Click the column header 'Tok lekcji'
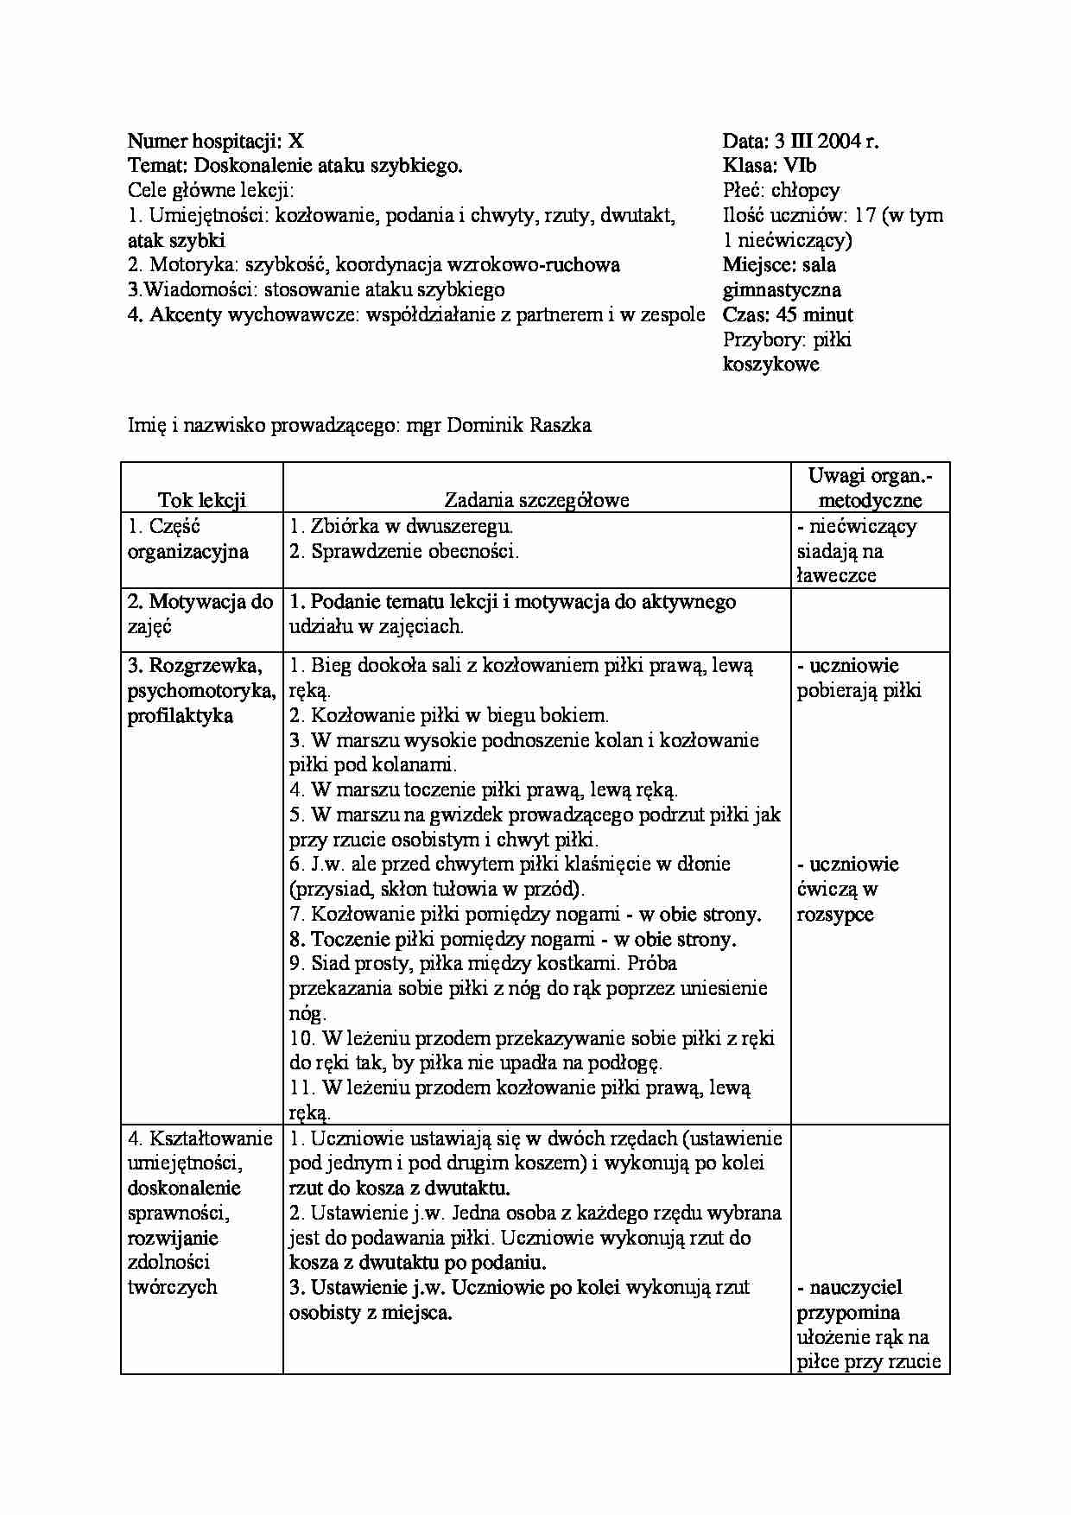[201, 500]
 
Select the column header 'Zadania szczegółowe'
[536, 500]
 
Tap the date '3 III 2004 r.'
[825, 142]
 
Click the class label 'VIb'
[800, 166]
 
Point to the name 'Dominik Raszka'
[519, 425]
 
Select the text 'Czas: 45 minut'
[788, 315]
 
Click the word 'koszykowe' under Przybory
[770, 364]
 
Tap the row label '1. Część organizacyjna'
[187, 539]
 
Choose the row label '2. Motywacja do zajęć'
[200, 614]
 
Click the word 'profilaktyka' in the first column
[180, 716]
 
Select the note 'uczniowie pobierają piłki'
[859, 678]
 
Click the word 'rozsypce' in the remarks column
[834, 915]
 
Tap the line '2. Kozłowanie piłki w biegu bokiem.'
[449, 715]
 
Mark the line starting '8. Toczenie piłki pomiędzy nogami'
[512, 939]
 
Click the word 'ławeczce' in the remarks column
[836, 576]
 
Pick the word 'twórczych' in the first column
[171, 1288]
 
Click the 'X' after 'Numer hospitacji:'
[296, 142]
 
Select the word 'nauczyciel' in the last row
[855, 1288]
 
